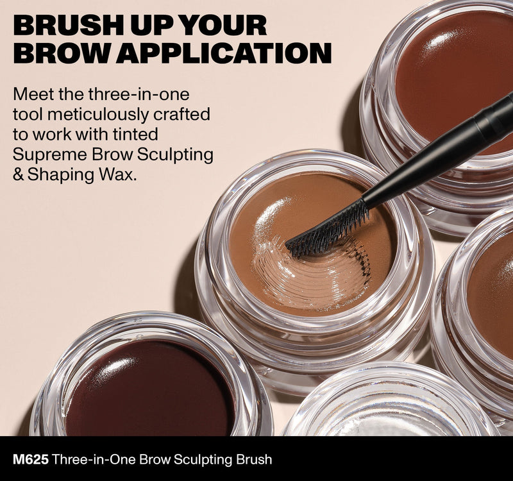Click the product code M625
tap(31, 459)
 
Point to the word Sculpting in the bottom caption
tap(202, 460)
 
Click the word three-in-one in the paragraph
tap(139, 94)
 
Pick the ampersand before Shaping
tap(19, 175)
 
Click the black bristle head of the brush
tap(328, 232)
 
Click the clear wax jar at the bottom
tap(389, 402)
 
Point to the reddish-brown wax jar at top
tap(442, 98)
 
